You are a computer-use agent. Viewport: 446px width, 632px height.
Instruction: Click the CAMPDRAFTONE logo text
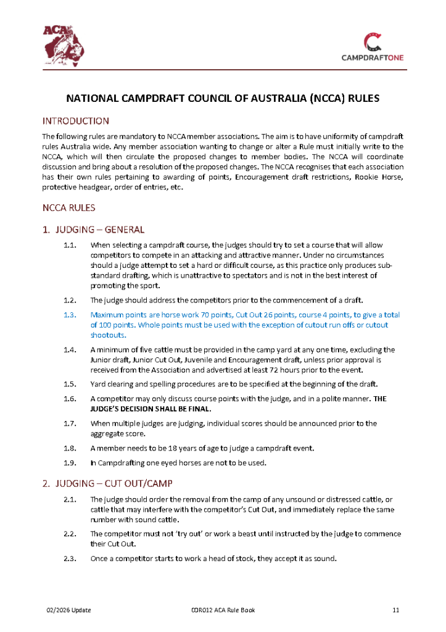click(372, 57)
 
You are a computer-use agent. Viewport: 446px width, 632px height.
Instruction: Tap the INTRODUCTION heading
click(75, 121)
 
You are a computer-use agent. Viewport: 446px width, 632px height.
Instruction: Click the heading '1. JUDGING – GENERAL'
click(93, 230)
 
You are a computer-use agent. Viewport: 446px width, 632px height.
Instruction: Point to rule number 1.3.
click(70, 315)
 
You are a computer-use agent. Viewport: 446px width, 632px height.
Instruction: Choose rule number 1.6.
click(70, 399)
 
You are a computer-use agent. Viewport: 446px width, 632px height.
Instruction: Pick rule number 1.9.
click(70, 462)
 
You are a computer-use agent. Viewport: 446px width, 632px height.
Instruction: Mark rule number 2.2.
click(70, 534)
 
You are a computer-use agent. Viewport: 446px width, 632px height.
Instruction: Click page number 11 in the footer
click(396, 610)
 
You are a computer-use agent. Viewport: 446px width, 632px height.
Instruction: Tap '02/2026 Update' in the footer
click(68, 610)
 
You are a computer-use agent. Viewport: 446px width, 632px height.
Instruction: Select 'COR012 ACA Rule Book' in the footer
click(223, 610)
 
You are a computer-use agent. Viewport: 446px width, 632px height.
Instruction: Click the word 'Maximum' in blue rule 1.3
click(108, 315)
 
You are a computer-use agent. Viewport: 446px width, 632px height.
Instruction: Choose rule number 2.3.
click(70, 559)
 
